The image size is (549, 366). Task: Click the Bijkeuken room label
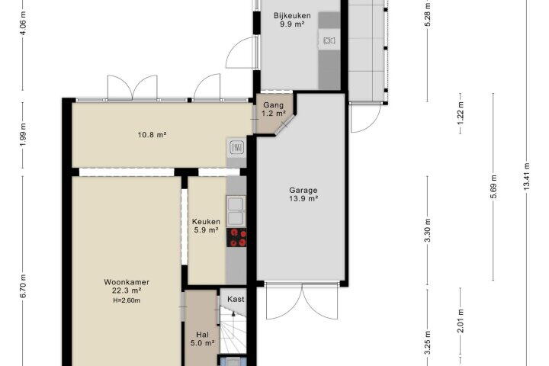pos(292,16)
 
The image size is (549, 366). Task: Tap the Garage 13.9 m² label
pos(303,194)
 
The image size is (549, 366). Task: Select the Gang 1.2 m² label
pos(274,109)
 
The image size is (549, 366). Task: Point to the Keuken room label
pos(206,222)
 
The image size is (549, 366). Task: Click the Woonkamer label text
pos(127,282)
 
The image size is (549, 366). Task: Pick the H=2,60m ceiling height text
pos(127,300)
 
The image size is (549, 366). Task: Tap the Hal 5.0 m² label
pos(202,339)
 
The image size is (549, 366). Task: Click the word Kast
pos(236,299)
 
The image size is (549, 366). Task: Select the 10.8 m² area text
pos(152,134)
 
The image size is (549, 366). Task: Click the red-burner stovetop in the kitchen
pos(236,238)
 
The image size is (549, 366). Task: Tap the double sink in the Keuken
pos(236,210)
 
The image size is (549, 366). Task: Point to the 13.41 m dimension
pos(526,177)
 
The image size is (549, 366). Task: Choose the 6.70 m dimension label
pos(23,286)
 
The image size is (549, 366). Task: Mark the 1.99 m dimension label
pos(23,135)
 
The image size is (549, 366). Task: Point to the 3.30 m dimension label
pos(428,230)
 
